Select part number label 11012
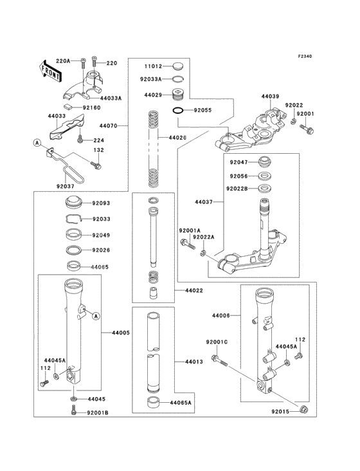152,66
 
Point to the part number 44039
270,97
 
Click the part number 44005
121,333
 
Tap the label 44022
194,291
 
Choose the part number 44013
194,362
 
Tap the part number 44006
221,315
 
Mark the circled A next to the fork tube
95,315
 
